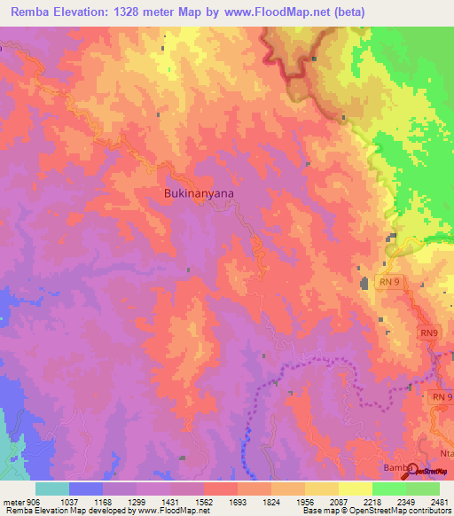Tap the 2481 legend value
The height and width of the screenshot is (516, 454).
pyautogui.click(x=440, y=501)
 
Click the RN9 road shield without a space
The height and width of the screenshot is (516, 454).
pyautogui.click(x=429, y=332)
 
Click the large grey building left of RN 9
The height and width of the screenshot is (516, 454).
pyautogui.click(x=364, y=284)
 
